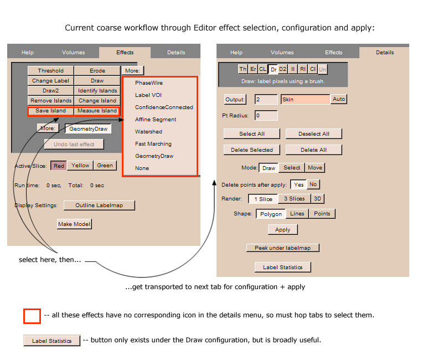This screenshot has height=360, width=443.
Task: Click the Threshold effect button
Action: click(50, 71)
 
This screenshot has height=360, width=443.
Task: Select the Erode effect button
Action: click(97, 71)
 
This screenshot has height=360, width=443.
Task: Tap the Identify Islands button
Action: click(97, 91)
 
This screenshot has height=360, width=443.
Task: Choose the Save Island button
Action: click(50, 111)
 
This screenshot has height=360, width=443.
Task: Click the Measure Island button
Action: click(97, 111)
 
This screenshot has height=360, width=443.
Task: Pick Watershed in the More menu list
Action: click(148, 132)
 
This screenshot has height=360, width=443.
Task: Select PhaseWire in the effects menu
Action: click(148, 83)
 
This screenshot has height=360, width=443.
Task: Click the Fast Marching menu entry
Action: click(153, 144)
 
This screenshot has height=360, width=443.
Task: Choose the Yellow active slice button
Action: click(80, 166)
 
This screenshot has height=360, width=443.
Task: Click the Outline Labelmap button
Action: click(99, 205)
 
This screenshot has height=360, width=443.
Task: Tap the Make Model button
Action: click(74, 224)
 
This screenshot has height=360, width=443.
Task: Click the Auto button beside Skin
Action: click(338, 99)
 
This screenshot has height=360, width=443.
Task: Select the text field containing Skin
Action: click(305, 100)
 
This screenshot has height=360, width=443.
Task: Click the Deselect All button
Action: click(313, 133)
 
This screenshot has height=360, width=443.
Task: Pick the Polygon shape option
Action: click(271, 214)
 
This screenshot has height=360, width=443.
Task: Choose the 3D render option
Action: click(317, 199)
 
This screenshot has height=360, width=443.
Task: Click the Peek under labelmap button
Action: click(282, 248)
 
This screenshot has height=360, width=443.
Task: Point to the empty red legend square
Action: click(32, 316)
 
